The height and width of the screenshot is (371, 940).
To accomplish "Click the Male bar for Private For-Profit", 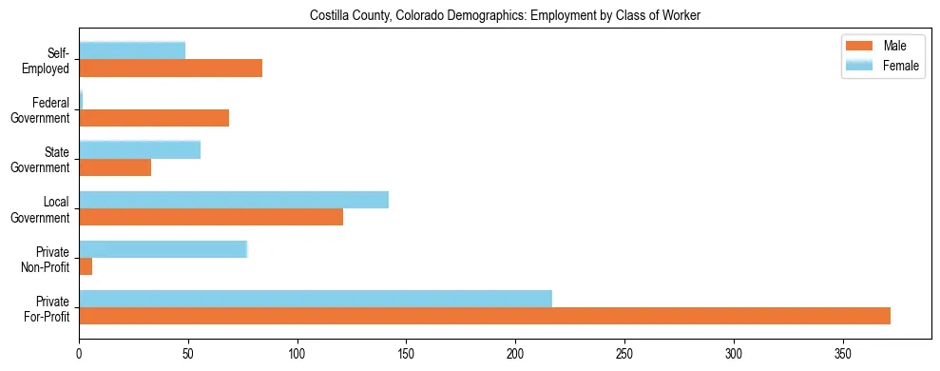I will pos(485,316).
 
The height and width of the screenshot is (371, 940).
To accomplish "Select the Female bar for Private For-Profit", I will pos(316,299).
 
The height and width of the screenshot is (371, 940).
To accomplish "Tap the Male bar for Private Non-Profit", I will pos(86,266).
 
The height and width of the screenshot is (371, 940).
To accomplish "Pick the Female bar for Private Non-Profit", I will pos(163,249).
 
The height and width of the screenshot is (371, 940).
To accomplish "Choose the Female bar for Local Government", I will pos(234,200).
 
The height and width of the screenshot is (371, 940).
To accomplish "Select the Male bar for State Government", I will pos(115,167).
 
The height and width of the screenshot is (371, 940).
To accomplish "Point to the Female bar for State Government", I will pos(140,150).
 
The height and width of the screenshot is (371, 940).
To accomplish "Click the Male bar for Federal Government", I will pos(154,118).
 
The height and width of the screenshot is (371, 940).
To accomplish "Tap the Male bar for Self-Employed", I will pos(171,68).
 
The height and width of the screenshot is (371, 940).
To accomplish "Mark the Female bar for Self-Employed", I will pos(132,51).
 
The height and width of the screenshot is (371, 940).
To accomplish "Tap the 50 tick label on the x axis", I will pos(188,351).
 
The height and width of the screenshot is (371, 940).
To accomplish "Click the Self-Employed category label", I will pos(48,60).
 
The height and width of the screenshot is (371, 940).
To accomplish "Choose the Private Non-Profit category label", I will pos(47,258).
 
